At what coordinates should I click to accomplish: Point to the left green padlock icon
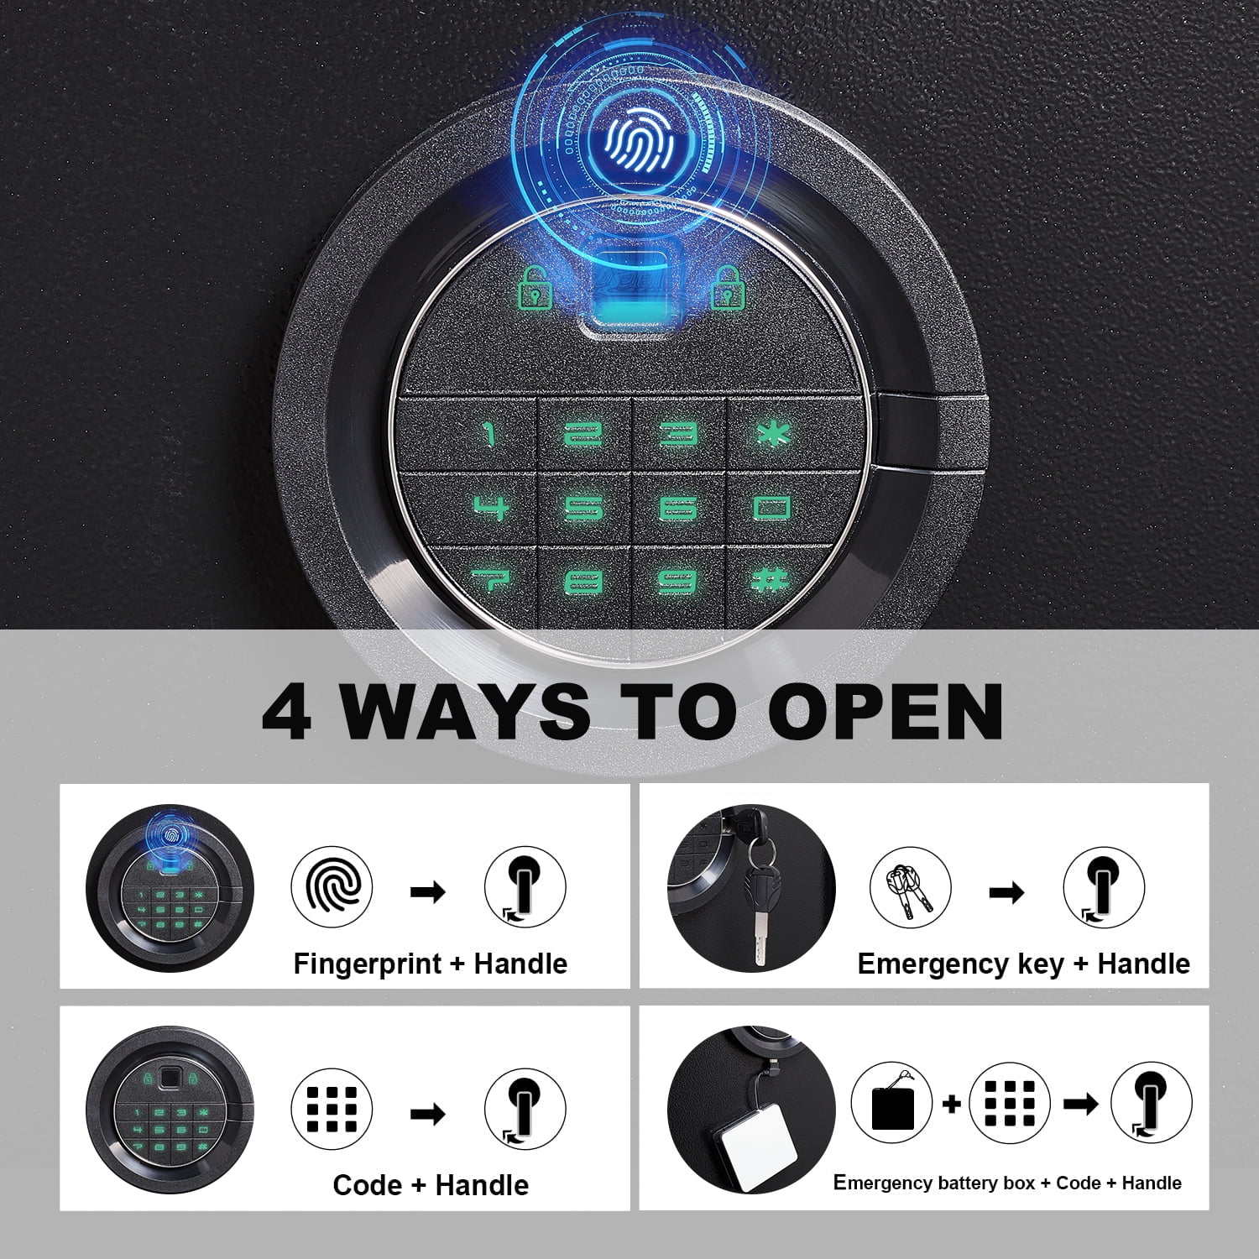(x=535, y=287)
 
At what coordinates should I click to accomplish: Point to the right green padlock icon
(x=729, y=287)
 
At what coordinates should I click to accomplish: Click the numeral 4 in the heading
(x=287, y=711)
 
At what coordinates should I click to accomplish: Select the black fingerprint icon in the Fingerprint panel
(x=332, y=887)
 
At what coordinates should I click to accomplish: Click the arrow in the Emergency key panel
(x=1006, y=891)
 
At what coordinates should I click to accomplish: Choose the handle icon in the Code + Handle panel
(x=525, y=1110)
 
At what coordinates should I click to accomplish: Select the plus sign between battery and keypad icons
(x=951, y=1104)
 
